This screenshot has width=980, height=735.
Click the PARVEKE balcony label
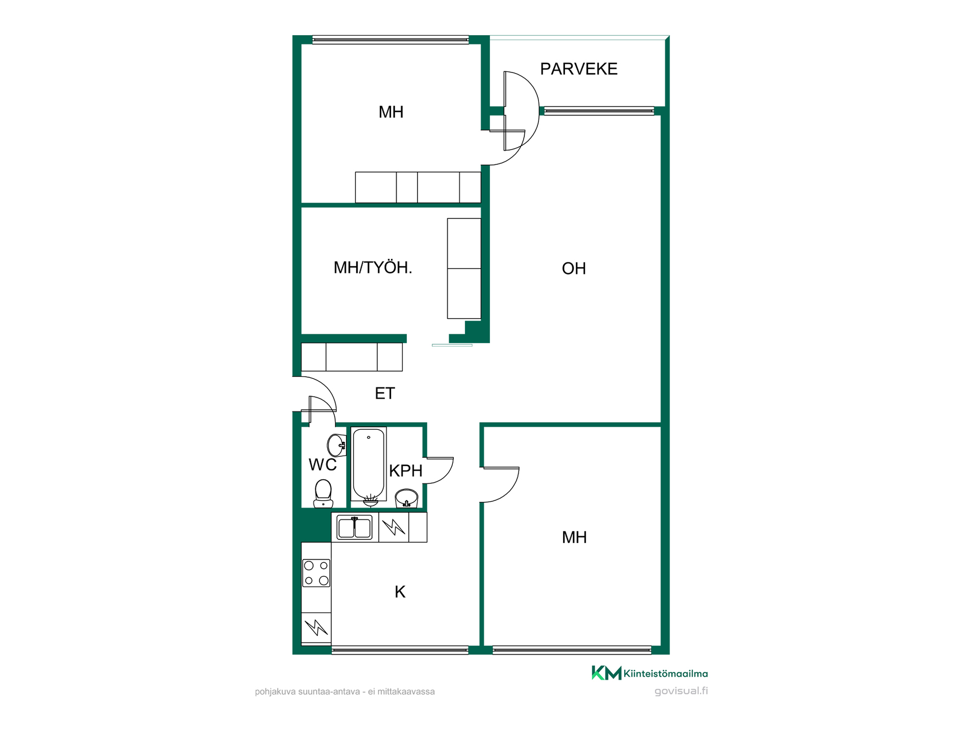coord(579,69)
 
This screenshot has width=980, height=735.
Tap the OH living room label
coord(574,268)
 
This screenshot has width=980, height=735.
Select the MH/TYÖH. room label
coord(373,267)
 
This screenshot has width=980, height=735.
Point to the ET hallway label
coord(385,394)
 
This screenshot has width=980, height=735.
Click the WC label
coord(323,464)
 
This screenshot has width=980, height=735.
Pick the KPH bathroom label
coord(406,471)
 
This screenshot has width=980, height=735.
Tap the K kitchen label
coord(400,592)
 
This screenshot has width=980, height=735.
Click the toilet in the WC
coord(323,494)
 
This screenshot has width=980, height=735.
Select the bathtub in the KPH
coord(369,464)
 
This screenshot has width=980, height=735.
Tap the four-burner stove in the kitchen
coord(316,573)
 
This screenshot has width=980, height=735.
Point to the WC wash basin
coord(337,445)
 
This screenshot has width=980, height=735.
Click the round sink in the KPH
coord(406,498)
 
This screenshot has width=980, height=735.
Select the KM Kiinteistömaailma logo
coord(650,673)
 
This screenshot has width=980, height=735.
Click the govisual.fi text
coord(681,691)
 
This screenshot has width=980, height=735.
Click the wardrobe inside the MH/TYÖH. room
coord(464,268)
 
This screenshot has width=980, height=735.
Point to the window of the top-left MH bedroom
coord(390,40)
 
